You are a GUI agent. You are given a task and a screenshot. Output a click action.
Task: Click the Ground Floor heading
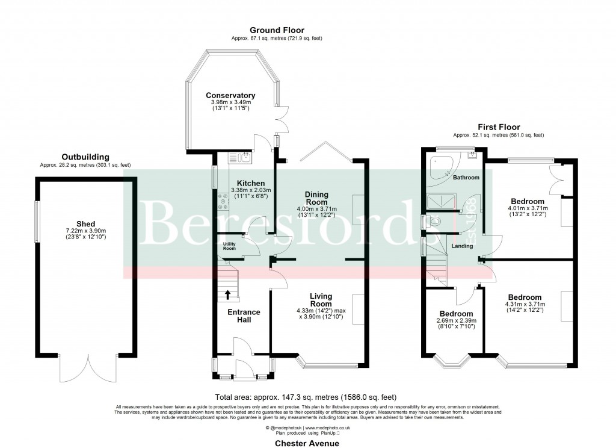(277, 30)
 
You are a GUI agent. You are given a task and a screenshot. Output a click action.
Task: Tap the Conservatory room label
(230, 96)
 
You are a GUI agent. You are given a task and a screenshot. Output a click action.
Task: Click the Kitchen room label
(247, 184)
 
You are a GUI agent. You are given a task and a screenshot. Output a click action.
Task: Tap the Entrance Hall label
(243, 316)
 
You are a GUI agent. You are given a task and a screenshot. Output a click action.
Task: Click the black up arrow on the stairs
(228, 294)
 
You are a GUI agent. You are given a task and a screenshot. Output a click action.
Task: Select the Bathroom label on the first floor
(466, 178)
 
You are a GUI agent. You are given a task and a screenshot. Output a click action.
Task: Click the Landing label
(461, 246)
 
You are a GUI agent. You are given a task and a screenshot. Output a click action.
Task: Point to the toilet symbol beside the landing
(436, 222)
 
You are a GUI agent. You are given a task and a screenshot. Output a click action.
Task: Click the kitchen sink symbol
(243, 158)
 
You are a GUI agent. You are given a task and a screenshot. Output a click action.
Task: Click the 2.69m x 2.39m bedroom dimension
(455, 322)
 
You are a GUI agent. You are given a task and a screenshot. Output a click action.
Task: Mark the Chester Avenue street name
(307, 443)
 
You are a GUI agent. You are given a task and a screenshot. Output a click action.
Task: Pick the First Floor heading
(499, 127)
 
